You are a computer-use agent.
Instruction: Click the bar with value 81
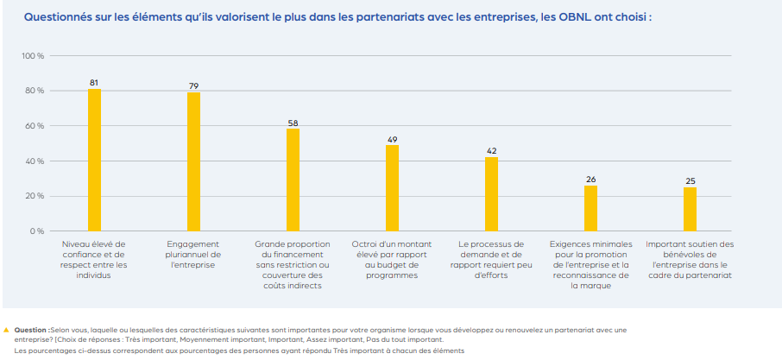pos(94,160)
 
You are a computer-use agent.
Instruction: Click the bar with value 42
pos(491,194)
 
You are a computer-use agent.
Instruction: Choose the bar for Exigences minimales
pos(590,208)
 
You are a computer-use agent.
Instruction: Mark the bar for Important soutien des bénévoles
pos(690,209)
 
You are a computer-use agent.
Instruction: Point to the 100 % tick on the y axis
pos(33,56)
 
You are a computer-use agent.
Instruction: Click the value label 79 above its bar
pos(193,85)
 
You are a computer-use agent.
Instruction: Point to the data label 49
pos(392,138)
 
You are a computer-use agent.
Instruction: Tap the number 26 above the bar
pos(590,179)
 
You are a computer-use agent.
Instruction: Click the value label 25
pos(690,180)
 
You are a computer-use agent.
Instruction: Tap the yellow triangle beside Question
pos(7,330)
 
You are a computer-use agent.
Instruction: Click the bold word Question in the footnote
pos(31,330)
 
